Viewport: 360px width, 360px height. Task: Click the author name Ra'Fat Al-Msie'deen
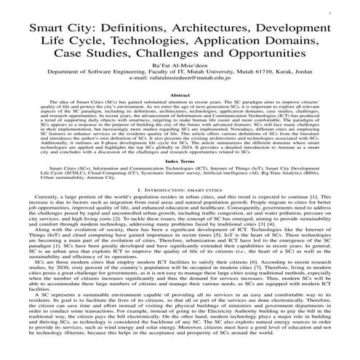pos(180,66)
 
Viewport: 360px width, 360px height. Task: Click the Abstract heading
pos(180,95)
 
